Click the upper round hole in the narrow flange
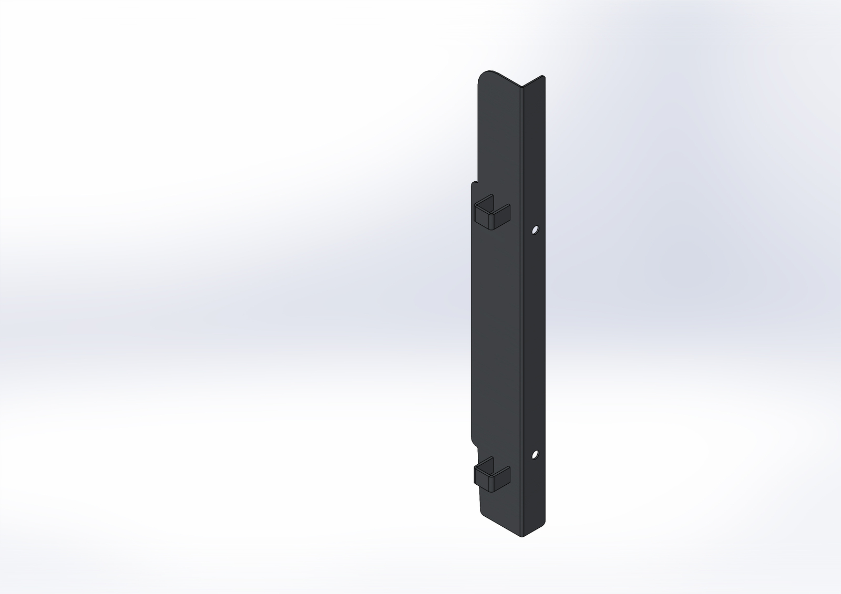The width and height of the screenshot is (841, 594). (x=535, y=230)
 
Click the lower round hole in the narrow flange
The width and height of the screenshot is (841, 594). (x=535, y=454)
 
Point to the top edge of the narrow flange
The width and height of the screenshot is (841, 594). (x=534, y=82)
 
